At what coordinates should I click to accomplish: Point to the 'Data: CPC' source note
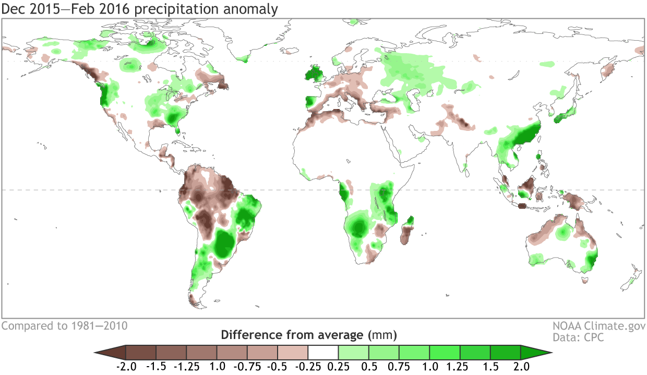point(578,337)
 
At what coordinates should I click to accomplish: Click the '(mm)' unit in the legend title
point(382,334)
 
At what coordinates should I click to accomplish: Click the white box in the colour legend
point(323,352)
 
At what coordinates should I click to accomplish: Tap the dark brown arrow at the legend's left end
point(110,352)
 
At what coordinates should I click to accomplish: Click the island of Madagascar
point(406,232)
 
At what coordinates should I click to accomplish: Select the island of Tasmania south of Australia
point(584,281)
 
